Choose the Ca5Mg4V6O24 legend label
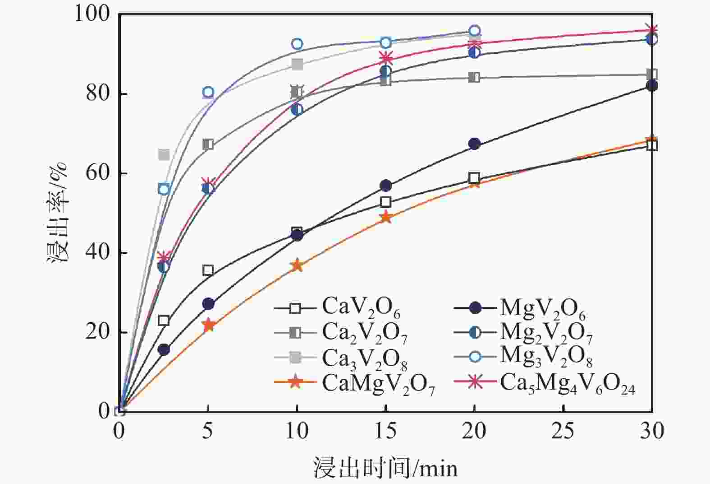(567, 383)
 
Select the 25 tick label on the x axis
(563, 431)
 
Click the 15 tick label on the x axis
(385, 431)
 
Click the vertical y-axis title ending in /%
(59, 212)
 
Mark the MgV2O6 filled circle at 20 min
(474, 144)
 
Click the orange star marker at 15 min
(385, 218)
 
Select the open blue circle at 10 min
(297, 44)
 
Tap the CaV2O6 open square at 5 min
(208, 270)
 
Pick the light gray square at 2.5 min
(164, 155)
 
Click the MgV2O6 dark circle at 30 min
(651, 86)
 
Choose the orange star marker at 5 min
(208, 325)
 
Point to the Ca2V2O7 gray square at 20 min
(474, 77)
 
